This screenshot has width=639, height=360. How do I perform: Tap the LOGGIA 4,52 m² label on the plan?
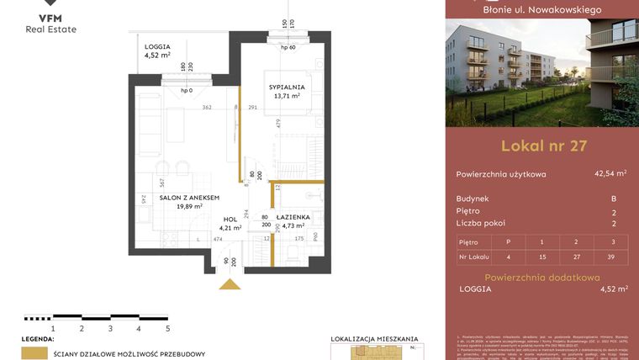point(157,51)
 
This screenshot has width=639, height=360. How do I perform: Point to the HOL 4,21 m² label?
point(230,223)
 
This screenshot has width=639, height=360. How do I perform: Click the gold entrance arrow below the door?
point(229,284)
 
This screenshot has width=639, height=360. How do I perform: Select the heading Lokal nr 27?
point(543,146)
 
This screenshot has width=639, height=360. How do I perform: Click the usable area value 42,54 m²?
point(610,174)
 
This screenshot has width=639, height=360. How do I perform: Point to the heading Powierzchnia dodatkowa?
point(543,277)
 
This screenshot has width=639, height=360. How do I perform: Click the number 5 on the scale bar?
point(168,328)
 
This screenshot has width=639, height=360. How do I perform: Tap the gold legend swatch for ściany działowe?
point(34,354)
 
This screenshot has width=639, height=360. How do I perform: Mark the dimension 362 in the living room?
point(205,108)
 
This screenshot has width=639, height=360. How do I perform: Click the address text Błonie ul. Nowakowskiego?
point(542,9)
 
